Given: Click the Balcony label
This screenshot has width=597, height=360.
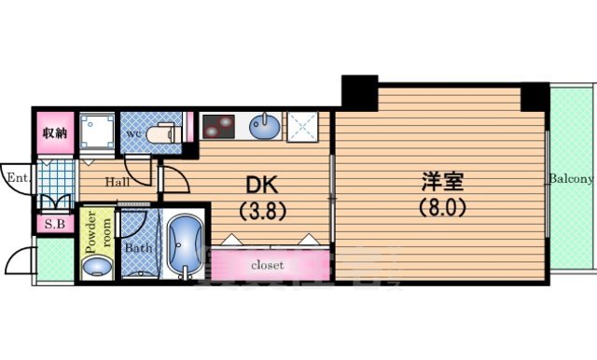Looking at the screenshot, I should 571,179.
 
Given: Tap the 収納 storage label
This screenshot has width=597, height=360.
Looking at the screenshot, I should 54,132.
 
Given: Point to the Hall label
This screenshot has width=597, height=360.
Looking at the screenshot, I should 117,182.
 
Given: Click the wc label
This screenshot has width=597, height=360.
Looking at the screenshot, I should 134,133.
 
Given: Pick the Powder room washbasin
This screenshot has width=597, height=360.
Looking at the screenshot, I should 97,268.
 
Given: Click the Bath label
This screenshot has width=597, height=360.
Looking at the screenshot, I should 138,249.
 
